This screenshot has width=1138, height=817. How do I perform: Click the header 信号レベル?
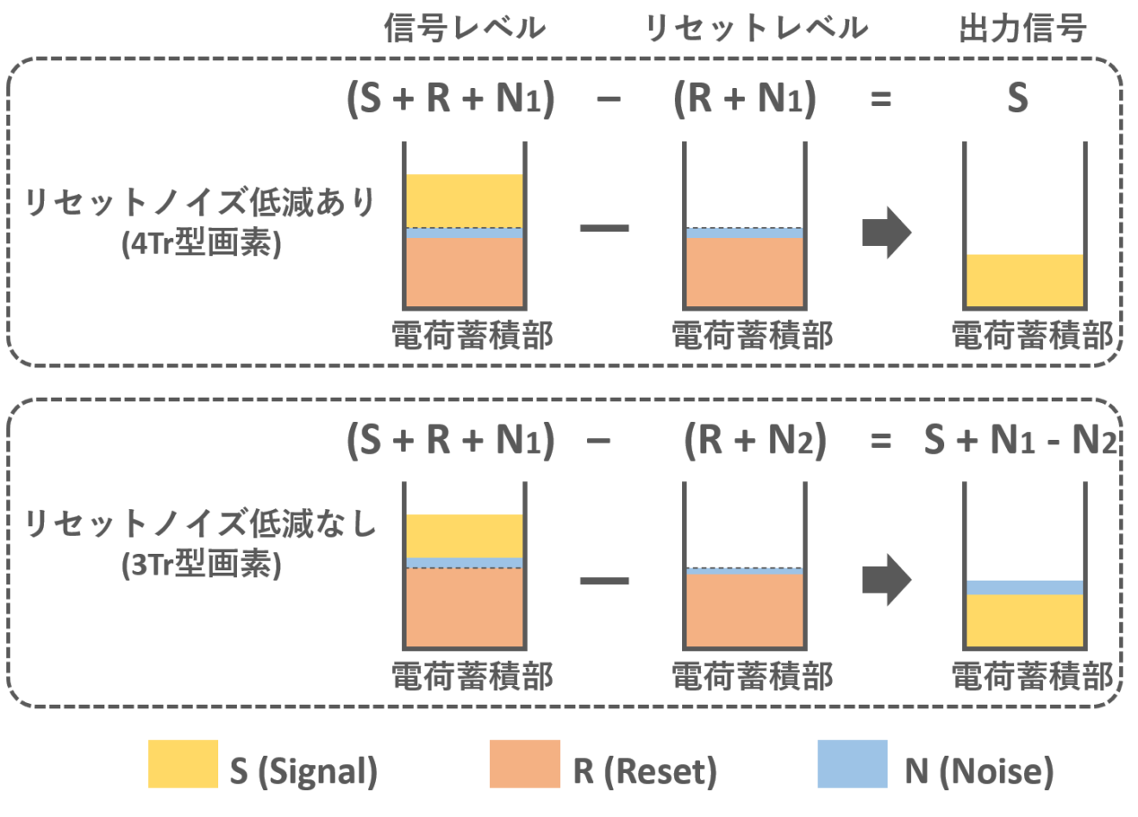pyautogui.click(x=465, y=28)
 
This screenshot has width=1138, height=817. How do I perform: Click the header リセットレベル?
pyautogui.click(x=756, y=28)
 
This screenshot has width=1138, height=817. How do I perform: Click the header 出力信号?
pyautogui.click(x=1022, y=28)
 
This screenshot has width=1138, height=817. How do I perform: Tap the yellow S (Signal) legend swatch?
pyautogui.click(x=183, y=764)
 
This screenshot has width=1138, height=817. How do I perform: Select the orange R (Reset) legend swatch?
pyautogui.click(x=525, y=764)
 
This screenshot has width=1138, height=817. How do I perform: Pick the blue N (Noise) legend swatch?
pyautogui.click(x=852, y=764)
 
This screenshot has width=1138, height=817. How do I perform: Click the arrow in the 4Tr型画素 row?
pyautogui.click(x=886, y=232)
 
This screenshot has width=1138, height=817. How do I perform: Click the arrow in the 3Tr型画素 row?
pyautogui.click(x=886, y=581)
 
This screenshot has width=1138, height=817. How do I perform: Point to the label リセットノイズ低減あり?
pyautogui.click(x=199, y=203)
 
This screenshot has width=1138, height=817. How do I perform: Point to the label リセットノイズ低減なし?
pyautogui.click(x=199, y=524)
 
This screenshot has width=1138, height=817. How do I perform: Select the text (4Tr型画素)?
pyautogui.click(x=202, y=244)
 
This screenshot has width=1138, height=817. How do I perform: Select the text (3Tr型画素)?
pyautogui.click(x=202, y=565)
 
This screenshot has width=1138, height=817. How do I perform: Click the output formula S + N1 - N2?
pyautogui.click(x=1021, y=441)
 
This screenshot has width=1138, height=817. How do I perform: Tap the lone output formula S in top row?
pyautogui.click(x=1017, y=98)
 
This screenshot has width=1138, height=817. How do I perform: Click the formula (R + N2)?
pyautogui.click(x=754, y=441)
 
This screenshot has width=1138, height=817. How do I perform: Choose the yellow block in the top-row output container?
pyautogui.click(x=1024, y=280)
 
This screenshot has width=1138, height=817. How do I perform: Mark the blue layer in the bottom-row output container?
pyautogui.click(x=1024, y=588)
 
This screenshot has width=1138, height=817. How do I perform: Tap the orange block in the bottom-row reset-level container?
pyautogui.click(x=745, y=609)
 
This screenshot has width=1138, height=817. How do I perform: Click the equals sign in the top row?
pyautogui.click(x=880, y=99)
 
